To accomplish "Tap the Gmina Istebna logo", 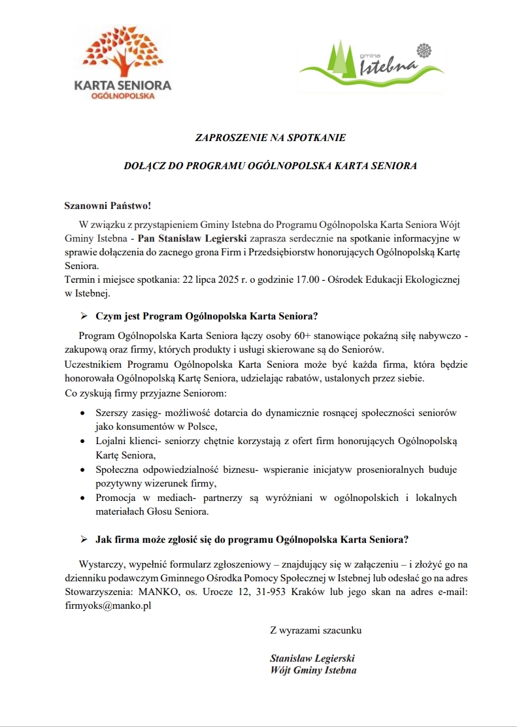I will tap(371, 63).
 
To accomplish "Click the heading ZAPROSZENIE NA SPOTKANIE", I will tap(271, 138).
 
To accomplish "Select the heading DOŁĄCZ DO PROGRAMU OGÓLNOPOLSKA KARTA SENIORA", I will tap(271, 166).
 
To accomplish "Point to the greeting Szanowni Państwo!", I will tap(108, 206).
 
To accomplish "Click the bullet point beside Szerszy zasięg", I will tap(81, 413).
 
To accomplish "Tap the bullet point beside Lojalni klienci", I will tap(81, 442).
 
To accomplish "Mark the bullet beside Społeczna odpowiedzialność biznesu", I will tap(81, 470).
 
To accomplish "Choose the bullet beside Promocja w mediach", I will tap(81, 498).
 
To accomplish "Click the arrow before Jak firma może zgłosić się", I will tap(84, 540).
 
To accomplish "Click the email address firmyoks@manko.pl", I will tap(108, 606).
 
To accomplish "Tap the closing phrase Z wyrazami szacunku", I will tap(316, 630).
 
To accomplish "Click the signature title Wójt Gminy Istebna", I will tap(313, 670).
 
